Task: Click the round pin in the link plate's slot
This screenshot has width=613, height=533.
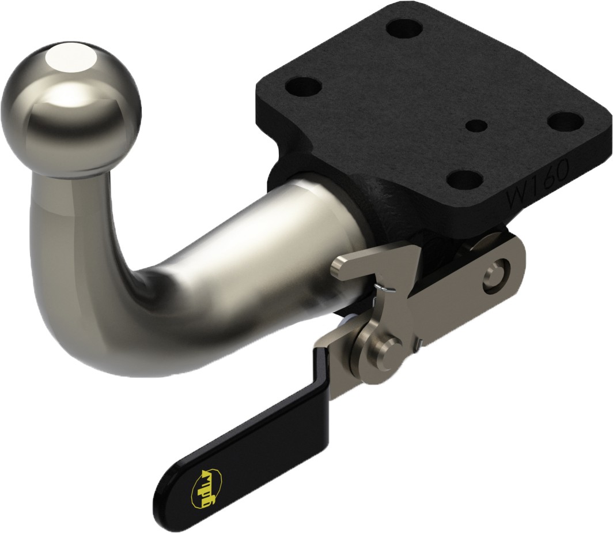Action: [495, 273]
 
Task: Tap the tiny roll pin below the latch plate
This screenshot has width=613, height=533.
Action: [420, 343]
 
